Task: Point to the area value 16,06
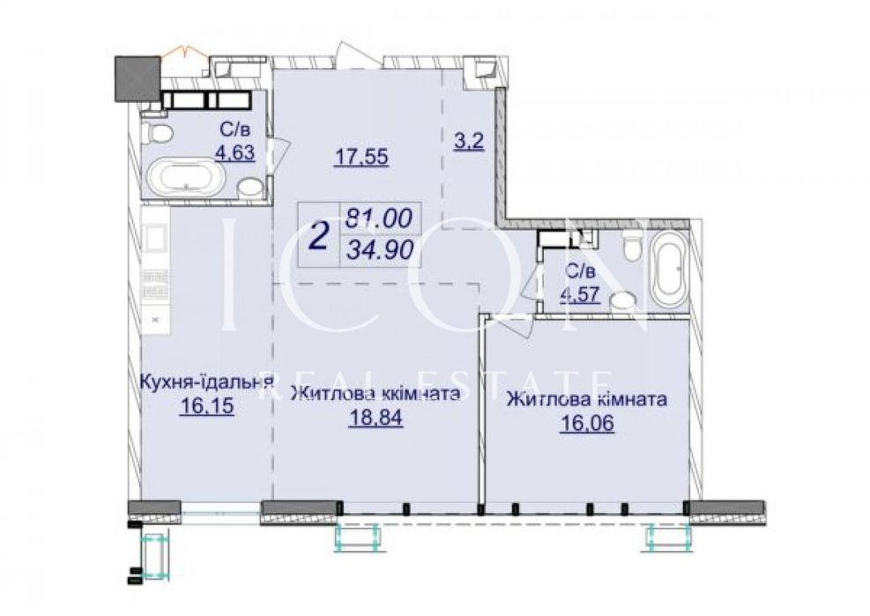point(586,425)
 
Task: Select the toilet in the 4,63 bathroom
point(158,134)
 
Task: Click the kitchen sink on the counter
point(156,236)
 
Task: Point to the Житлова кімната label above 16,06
point(585,399)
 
